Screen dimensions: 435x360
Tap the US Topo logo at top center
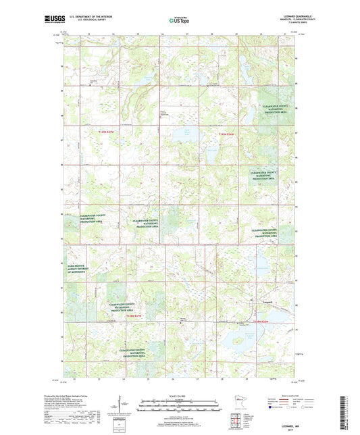(x=179, y=21)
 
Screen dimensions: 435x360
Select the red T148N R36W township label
(x=226, y=134)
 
